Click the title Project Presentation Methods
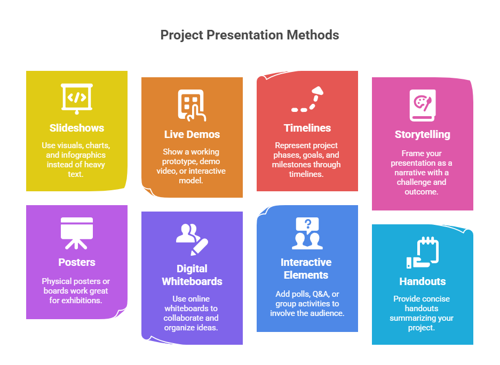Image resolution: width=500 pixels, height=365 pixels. coord(250,35)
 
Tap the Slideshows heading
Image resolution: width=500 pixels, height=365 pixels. coord(77,128)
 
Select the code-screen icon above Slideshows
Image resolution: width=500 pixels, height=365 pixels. coord(77,98)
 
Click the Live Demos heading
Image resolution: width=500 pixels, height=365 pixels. coord(192,134)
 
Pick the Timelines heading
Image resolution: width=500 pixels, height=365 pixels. coord(307,128)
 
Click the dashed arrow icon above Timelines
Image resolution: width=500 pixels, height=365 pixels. coord(307,100)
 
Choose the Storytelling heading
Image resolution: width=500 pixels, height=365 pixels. coord(423,134)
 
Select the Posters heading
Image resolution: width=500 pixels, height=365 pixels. coord(77,262)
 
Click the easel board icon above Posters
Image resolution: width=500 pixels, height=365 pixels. coord(77,232)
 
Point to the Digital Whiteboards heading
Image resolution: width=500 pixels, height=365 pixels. coord(192,275)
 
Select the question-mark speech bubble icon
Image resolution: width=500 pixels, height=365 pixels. coord(307,233)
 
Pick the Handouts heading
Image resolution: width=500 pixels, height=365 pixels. coord(423,281)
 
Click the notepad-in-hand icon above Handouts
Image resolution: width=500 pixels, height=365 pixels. coord(423,252)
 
